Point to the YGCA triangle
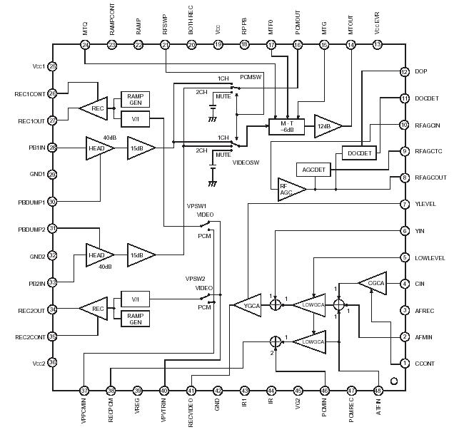pos(248,304)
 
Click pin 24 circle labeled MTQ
pos(85,45)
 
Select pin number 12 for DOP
pos(405,72)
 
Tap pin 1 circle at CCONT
pos(405,364)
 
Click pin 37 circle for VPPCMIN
pos(85,391)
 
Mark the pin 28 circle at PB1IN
pos(52,148)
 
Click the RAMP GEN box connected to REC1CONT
pos(135,99)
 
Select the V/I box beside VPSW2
pos(135,299)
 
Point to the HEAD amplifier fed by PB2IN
pos(98,255)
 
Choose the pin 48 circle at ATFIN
pos(378,391)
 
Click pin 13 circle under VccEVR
pos(378,45)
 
